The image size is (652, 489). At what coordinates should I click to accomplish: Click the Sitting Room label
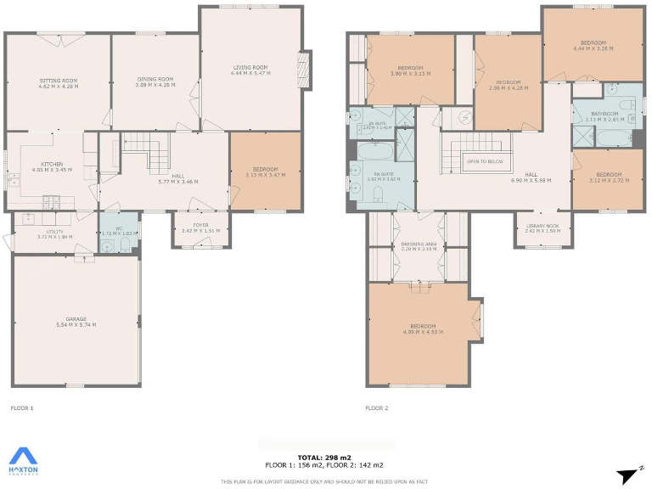click(x=59, y=81)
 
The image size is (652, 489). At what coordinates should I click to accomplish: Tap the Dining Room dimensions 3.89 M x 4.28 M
click(x=155, y=85)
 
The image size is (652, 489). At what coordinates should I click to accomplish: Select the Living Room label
click(x=250, y=67)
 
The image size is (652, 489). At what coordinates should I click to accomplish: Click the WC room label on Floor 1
click(x=119, y=228)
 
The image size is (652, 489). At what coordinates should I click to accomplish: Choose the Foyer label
click(x=200, y=225)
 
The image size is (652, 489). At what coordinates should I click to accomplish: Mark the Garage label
click(x=76, y=319)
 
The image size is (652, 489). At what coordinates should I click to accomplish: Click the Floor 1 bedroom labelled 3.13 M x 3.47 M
click(x=266, y=175)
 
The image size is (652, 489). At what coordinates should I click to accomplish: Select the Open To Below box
click(x=484, y=160)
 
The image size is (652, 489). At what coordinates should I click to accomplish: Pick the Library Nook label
click(x=542, y=226)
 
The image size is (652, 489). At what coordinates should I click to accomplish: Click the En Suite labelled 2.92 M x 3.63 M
click(x=382, y=178)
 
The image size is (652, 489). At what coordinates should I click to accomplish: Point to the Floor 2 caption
click(x=376, y=408)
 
